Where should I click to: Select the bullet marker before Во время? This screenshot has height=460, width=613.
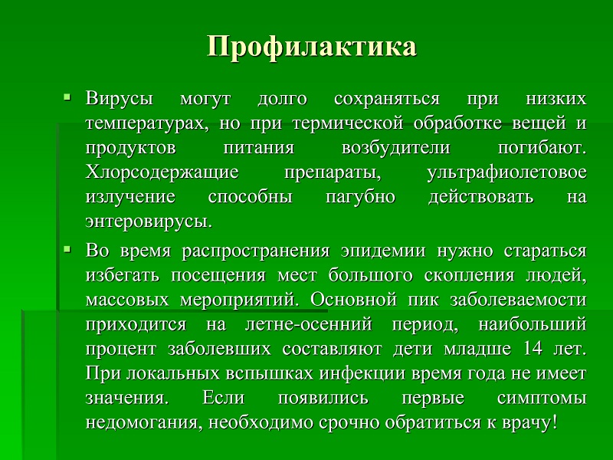pyautogui.click(x=67, y=248)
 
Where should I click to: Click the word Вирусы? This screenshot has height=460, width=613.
pyautogui.click(x=120, y=99)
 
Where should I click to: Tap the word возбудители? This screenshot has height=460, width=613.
pyautogui.click(x=395, y=148)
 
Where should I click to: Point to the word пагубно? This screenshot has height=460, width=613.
pyautogui.click(x=360, y=197)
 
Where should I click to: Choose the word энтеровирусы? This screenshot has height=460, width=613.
pyautogui.click(x=149, y=222)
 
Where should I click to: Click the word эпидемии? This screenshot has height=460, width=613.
pyautogui.click(x=382, y=251)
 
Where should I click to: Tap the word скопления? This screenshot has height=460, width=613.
pyautogui.click(x=469, y=276)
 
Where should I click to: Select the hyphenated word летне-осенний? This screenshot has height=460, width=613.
pyautogui.click(x=309, y=324)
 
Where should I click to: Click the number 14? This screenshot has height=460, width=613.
pyautogui.click(x=533, y=348)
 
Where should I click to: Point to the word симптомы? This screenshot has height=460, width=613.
pyautogui.click(x=542, y=398)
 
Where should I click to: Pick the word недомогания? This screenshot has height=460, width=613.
pyautogui.click(x=144, y=423)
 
